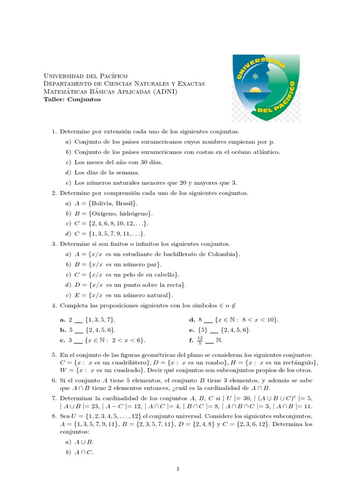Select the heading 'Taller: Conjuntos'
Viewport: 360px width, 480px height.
72,99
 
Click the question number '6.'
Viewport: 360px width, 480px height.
55,380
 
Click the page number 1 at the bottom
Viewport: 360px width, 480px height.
178,468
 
